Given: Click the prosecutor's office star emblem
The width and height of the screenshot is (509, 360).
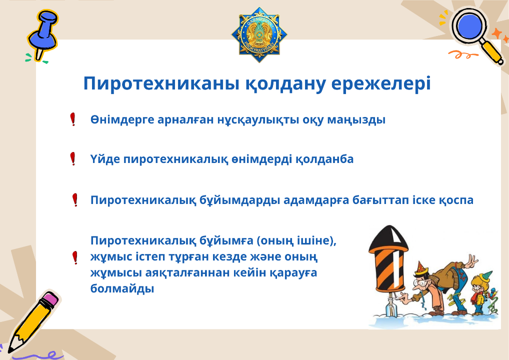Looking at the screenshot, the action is click(x=259, y=34).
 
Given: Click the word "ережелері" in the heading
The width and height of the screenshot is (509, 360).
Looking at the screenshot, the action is click(x=381, y=84).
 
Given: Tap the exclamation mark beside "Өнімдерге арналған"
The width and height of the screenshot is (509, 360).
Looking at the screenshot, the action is click(x=73, y=119).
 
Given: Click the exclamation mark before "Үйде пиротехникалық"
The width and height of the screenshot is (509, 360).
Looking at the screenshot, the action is click(x=73, y=158).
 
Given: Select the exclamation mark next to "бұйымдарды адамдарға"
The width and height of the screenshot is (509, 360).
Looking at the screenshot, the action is click(x=75, y=200).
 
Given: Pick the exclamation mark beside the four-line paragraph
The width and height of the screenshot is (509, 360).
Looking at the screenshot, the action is click(x=75, y=257).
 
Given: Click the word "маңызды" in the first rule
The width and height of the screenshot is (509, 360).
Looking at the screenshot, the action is click(x=356, y=120).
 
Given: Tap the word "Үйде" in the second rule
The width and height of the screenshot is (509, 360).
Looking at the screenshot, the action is click(x=105, y=159).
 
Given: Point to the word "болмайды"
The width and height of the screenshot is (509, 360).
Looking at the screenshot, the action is click(x=122, y=288).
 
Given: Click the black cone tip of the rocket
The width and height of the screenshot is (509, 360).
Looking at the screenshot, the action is click(x=388, y=239).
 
